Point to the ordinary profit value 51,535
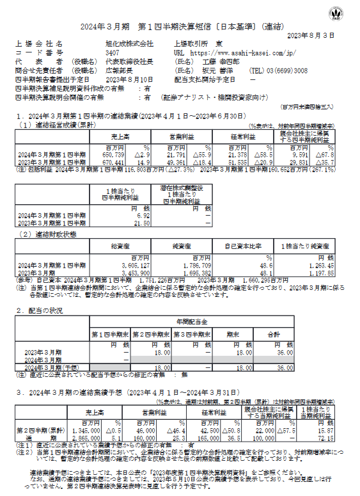point(237,162)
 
